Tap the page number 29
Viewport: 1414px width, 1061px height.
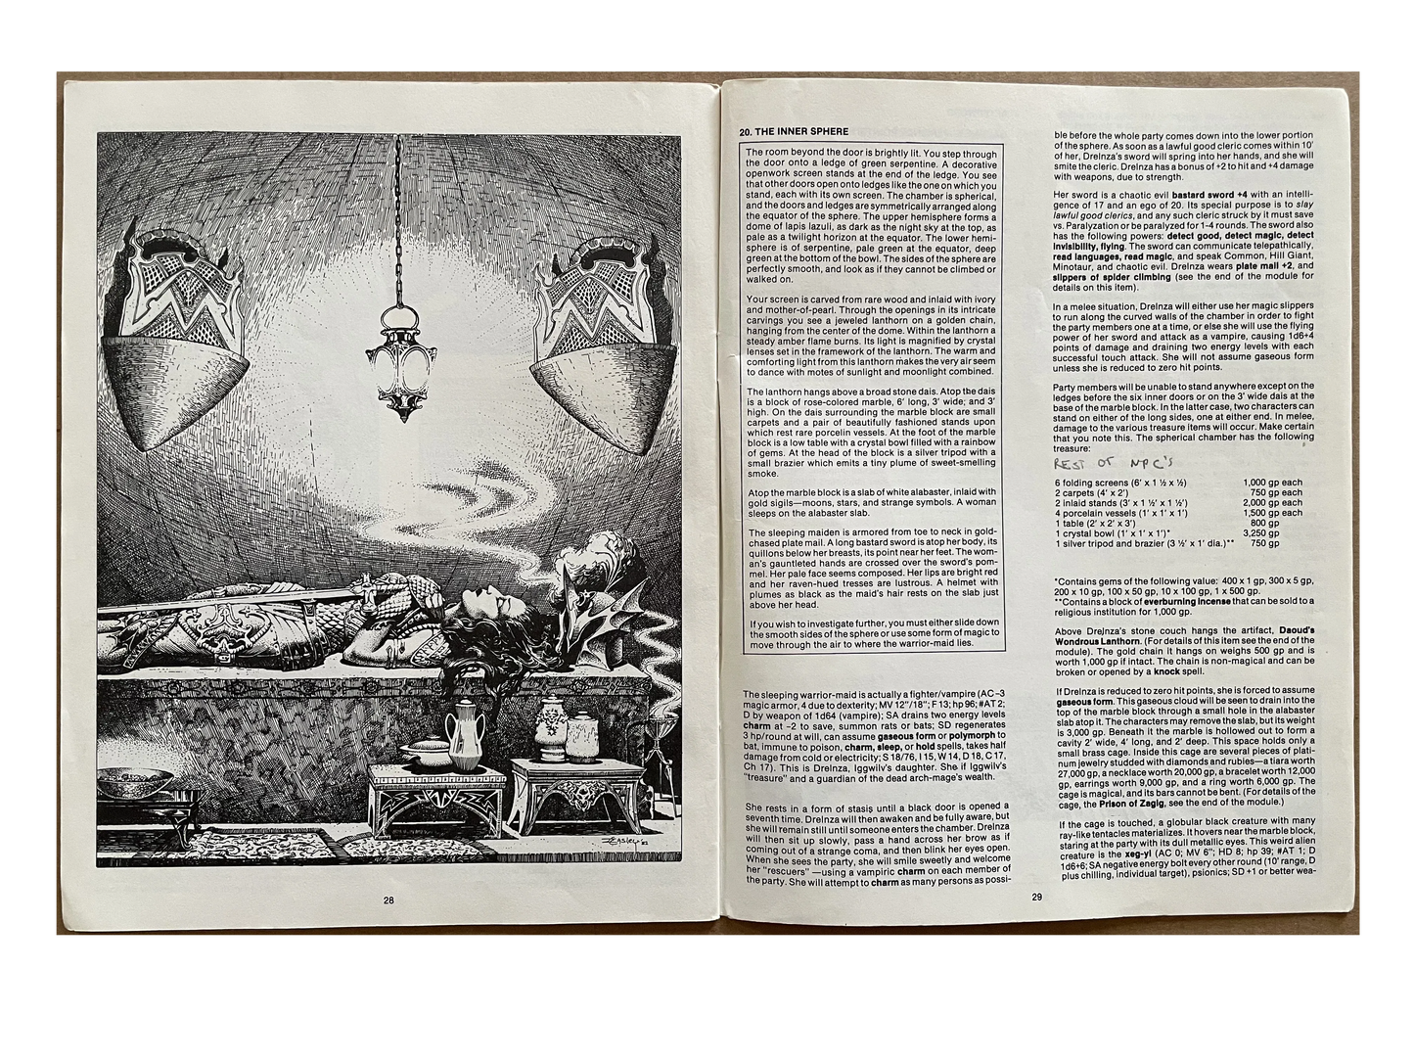(1037, 897)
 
